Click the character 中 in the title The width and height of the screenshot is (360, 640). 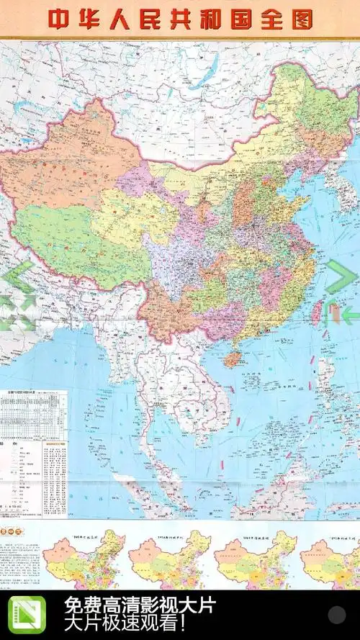pyautogui.click(x=62, y=19)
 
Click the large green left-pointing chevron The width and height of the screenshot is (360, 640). pyautogui.click(x=19, y=278)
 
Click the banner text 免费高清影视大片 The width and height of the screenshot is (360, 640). pyautogui.click(x=140, y=605)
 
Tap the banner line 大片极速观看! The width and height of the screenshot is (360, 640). pyautogui.click(x=128, y=623)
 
